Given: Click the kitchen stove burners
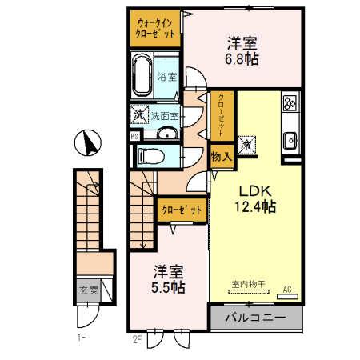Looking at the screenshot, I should [290, 103].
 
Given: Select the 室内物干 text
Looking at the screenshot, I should [245, 283].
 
